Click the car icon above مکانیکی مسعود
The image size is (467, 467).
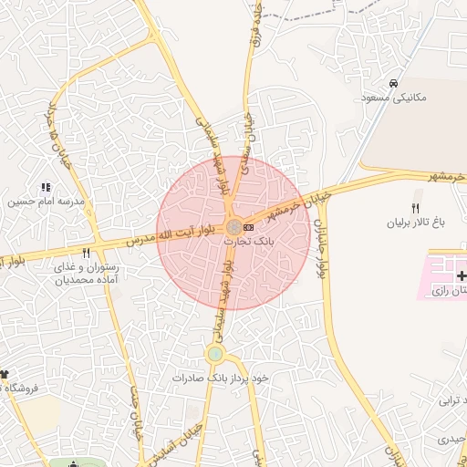392,83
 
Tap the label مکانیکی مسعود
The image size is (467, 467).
392,97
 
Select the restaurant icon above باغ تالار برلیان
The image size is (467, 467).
416,208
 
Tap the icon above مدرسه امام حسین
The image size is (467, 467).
47,188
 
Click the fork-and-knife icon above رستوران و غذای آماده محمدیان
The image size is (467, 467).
87,253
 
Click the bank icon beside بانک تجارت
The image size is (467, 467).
249,226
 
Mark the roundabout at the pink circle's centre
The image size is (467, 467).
234,226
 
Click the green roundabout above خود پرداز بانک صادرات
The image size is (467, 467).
215,354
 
